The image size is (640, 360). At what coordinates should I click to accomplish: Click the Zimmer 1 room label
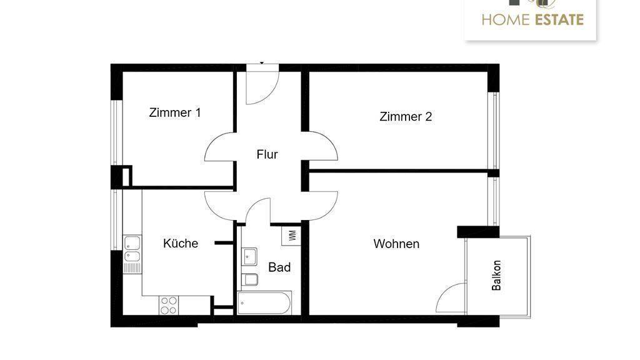[175, 113]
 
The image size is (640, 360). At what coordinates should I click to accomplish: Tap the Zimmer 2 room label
[406, 117]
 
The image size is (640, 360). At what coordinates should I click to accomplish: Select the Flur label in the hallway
[267, 154]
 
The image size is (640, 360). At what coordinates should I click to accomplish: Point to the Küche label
[181, 244]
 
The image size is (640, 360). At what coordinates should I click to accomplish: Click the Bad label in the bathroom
[279, 267]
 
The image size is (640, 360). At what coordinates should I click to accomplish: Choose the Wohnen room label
[396, 244]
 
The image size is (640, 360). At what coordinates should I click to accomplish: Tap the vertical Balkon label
[497, 276]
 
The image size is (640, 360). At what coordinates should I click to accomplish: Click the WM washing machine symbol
[292, 236]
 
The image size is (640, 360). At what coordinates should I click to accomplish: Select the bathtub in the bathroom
[265, 304]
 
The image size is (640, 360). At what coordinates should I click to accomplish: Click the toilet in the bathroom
[249, 279]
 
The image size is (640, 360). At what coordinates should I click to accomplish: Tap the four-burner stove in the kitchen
[169, 305]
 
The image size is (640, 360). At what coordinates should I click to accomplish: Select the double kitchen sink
[132, 249]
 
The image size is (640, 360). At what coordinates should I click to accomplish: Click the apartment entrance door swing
[259, 87]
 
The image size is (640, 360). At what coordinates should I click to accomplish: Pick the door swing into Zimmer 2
[321, 147]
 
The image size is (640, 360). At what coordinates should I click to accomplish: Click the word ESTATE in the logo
[558, 20]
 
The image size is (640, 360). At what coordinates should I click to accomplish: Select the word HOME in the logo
[505, 20]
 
